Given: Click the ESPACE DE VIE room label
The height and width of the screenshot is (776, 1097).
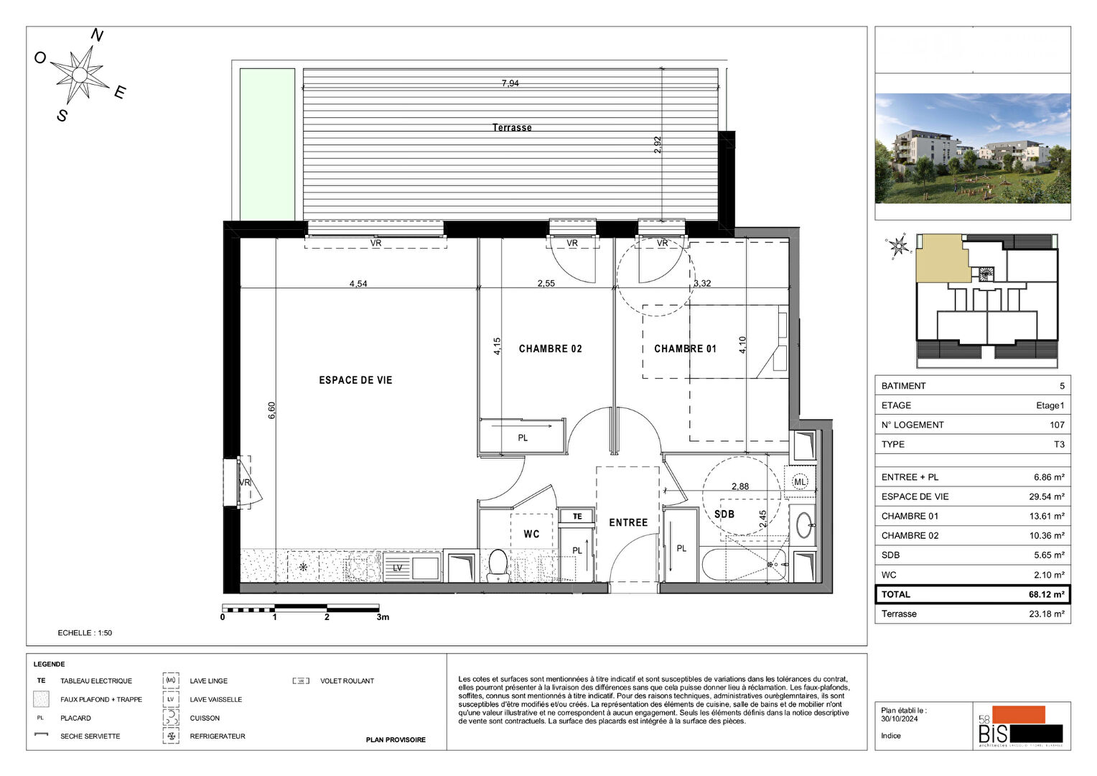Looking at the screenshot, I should pos(355,380).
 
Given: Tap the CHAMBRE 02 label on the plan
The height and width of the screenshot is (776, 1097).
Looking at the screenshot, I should pos(550,348).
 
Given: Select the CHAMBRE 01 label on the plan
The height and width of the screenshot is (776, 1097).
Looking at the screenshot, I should pos(685,348).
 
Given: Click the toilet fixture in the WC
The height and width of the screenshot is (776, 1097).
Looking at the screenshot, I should pos(498,564).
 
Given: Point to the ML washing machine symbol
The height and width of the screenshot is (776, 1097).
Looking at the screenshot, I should pos(800,482).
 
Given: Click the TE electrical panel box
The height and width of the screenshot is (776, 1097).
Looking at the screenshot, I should pos(577,516).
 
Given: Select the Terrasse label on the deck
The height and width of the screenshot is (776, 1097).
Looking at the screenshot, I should pos(512,127).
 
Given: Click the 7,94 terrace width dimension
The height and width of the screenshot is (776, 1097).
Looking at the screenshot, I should pos(510,83).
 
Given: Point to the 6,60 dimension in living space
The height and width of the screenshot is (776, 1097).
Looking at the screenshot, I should pos(271,410).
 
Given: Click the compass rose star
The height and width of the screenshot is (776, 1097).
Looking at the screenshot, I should pos(80,74).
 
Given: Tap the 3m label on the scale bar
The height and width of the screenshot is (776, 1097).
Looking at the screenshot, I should pos(383,617).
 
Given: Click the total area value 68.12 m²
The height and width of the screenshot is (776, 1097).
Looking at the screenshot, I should pos(1046,594).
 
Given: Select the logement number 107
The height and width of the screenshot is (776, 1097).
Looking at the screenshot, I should pos(1057,425).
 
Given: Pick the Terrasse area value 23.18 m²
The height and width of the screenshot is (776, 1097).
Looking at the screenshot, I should pos(1046,614).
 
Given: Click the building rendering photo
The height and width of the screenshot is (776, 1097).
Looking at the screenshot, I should pos(972,148).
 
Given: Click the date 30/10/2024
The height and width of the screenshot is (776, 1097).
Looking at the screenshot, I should pos(899,719).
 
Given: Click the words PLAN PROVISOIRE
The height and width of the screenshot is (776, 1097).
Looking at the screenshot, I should pos(396,739).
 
